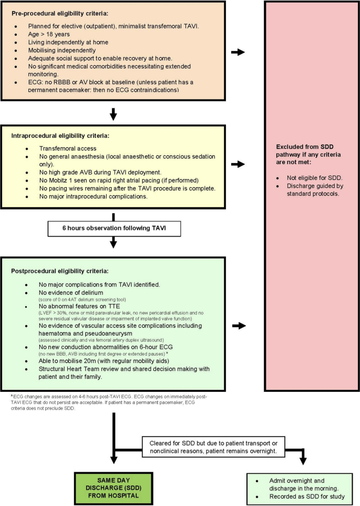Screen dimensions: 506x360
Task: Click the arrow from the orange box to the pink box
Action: coord(238,52)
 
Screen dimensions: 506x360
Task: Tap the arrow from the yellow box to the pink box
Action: coord(238,165)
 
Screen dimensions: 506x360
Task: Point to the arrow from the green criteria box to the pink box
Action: coord(238,326)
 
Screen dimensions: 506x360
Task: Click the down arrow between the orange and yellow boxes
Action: coord(113,114)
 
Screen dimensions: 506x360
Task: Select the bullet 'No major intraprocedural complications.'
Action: coord(92,197)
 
